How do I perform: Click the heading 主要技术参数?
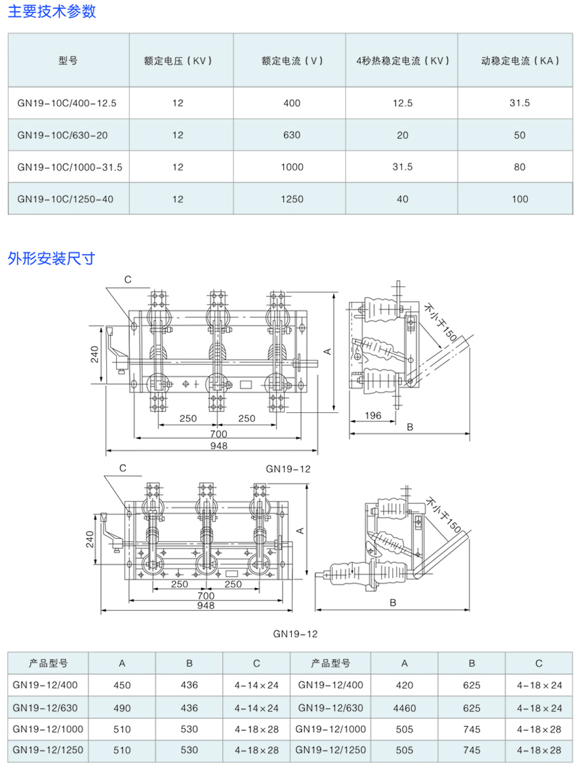click(52, 11)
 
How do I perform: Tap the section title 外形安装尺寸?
click(51, 258)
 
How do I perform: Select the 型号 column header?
click(68, 60)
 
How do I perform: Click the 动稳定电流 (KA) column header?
click(519, 60)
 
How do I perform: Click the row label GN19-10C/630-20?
click(62, 135)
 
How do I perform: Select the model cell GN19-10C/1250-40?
click(66, 199)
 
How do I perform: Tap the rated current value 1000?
click(292, 166)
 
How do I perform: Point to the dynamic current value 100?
click(519, 199)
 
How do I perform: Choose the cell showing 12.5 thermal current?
click(402, 103)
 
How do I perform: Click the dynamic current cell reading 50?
click(519, 135)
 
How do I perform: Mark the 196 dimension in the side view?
click(373, 416)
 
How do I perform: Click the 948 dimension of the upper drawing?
click(218, 446)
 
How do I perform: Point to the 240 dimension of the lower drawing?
click(90, 539)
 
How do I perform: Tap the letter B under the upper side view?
click(410, 427)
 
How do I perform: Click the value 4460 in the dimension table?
click(404, 708)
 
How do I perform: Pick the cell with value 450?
click(122, 685)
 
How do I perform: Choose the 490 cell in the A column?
click(122, 708)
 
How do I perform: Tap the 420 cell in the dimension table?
click(404, 685)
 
